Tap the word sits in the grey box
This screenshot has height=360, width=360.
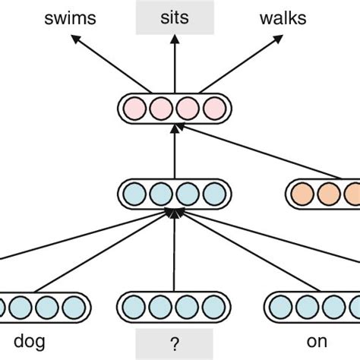click(174, 16)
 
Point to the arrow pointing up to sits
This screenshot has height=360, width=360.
click(174, 65)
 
